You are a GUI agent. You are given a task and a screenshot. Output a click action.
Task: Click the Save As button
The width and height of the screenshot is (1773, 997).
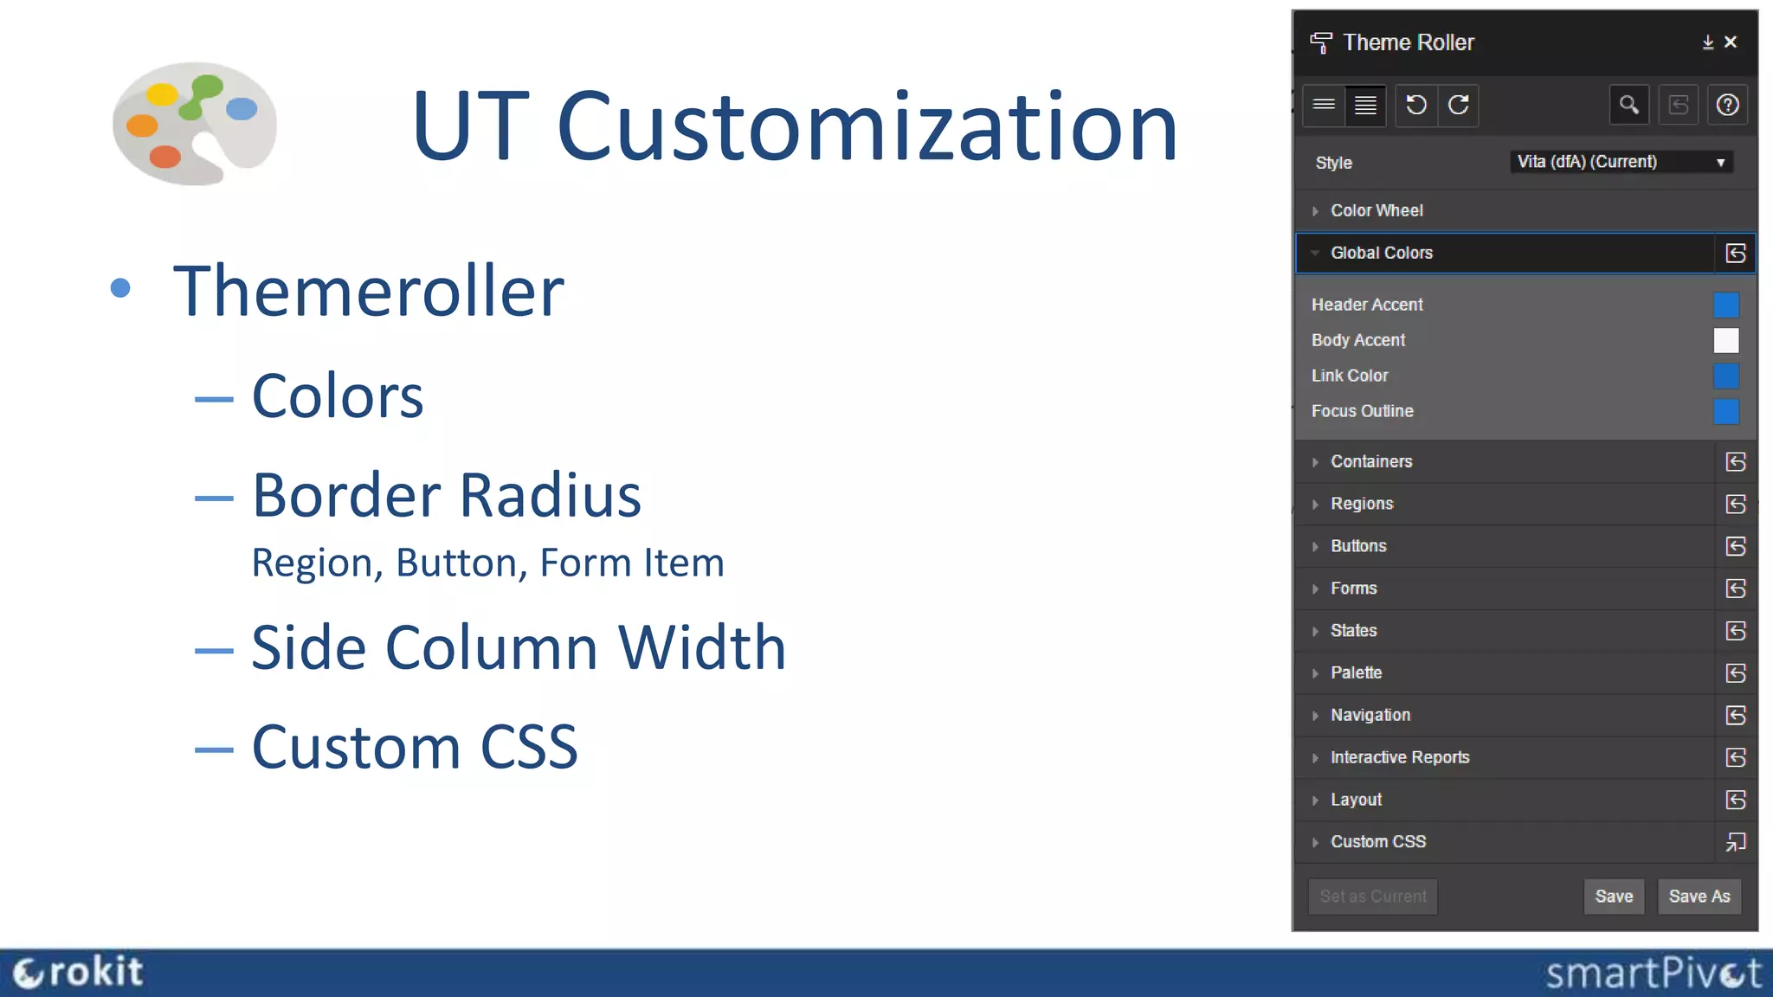pyautogui.click(x=1699, y=897)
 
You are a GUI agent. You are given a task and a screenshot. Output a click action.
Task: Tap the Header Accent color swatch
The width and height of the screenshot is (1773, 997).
pyautogui.click(x=1725, y=305)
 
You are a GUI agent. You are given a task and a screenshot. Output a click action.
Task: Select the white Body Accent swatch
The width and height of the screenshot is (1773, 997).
pyautogui.click(x=1725, y=340)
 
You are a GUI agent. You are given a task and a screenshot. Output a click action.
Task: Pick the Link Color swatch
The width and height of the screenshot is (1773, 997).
pyautogui.click(x=1725, y=376)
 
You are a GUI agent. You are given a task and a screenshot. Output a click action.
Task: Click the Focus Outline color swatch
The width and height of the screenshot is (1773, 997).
pyautogui.click(x=1725, y=411)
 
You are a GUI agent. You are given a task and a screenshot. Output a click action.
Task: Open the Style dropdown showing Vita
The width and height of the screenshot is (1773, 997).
pyautogui.click(x=1621, y=162)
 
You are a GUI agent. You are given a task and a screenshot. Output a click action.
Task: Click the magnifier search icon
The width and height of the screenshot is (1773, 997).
pyautogui.click(x=1628, y=106)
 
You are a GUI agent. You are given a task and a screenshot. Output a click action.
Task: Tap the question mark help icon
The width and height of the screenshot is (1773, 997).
pyautogui.click(x=1727, y=106)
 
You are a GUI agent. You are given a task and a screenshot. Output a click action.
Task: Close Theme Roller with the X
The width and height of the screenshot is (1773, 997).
pyautogui.click(x=1731, y=42)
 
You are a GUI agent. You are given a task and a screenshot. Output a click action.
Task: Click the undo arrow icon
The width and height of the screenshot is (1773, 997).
pyautogui.click(x=1416, y=106)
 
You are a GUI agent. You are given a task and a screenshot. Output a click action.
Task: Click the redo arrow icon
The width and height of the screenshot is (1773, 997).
pyautogui.click(x=1459, y=106)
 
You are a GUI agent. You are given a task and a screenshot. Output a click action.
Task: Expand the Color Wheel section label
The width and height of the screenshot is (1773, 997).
pyautogui.click(x=1376, y=210)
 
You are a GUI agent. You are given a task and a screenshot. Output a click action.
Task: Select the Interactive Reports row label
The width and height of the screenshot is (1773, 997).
pyautogui.click(x=1400, y=757)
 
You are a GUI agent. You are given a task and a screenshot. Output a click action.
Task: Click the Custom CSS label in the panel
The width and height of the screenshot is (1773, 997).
pyautogui.click(x=1378, y=841)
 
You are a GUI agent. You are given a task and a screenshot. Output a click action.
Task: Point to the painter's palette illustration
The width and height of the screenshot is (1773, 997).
pyautogui.click(x=195, y=123)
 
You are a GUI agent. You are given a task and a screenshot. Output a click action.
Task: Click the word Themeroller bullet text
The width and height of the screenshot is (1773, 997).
pyautogui.click(x=369, y=291)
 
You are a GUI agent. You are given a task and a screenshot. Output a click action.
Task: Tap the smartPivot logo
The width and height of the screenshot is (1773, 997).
pyautogui.click(x=1653, y=973)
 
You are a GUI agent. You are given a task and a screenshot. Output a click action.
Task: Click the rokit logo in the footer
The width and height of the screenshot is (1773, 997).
pyautogui.click(x=78, y=972)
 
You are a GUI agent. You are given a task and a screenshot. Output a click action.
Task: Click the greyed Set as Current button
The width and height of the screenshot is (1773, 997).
pyautogui.click(x=1372, y=897)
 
